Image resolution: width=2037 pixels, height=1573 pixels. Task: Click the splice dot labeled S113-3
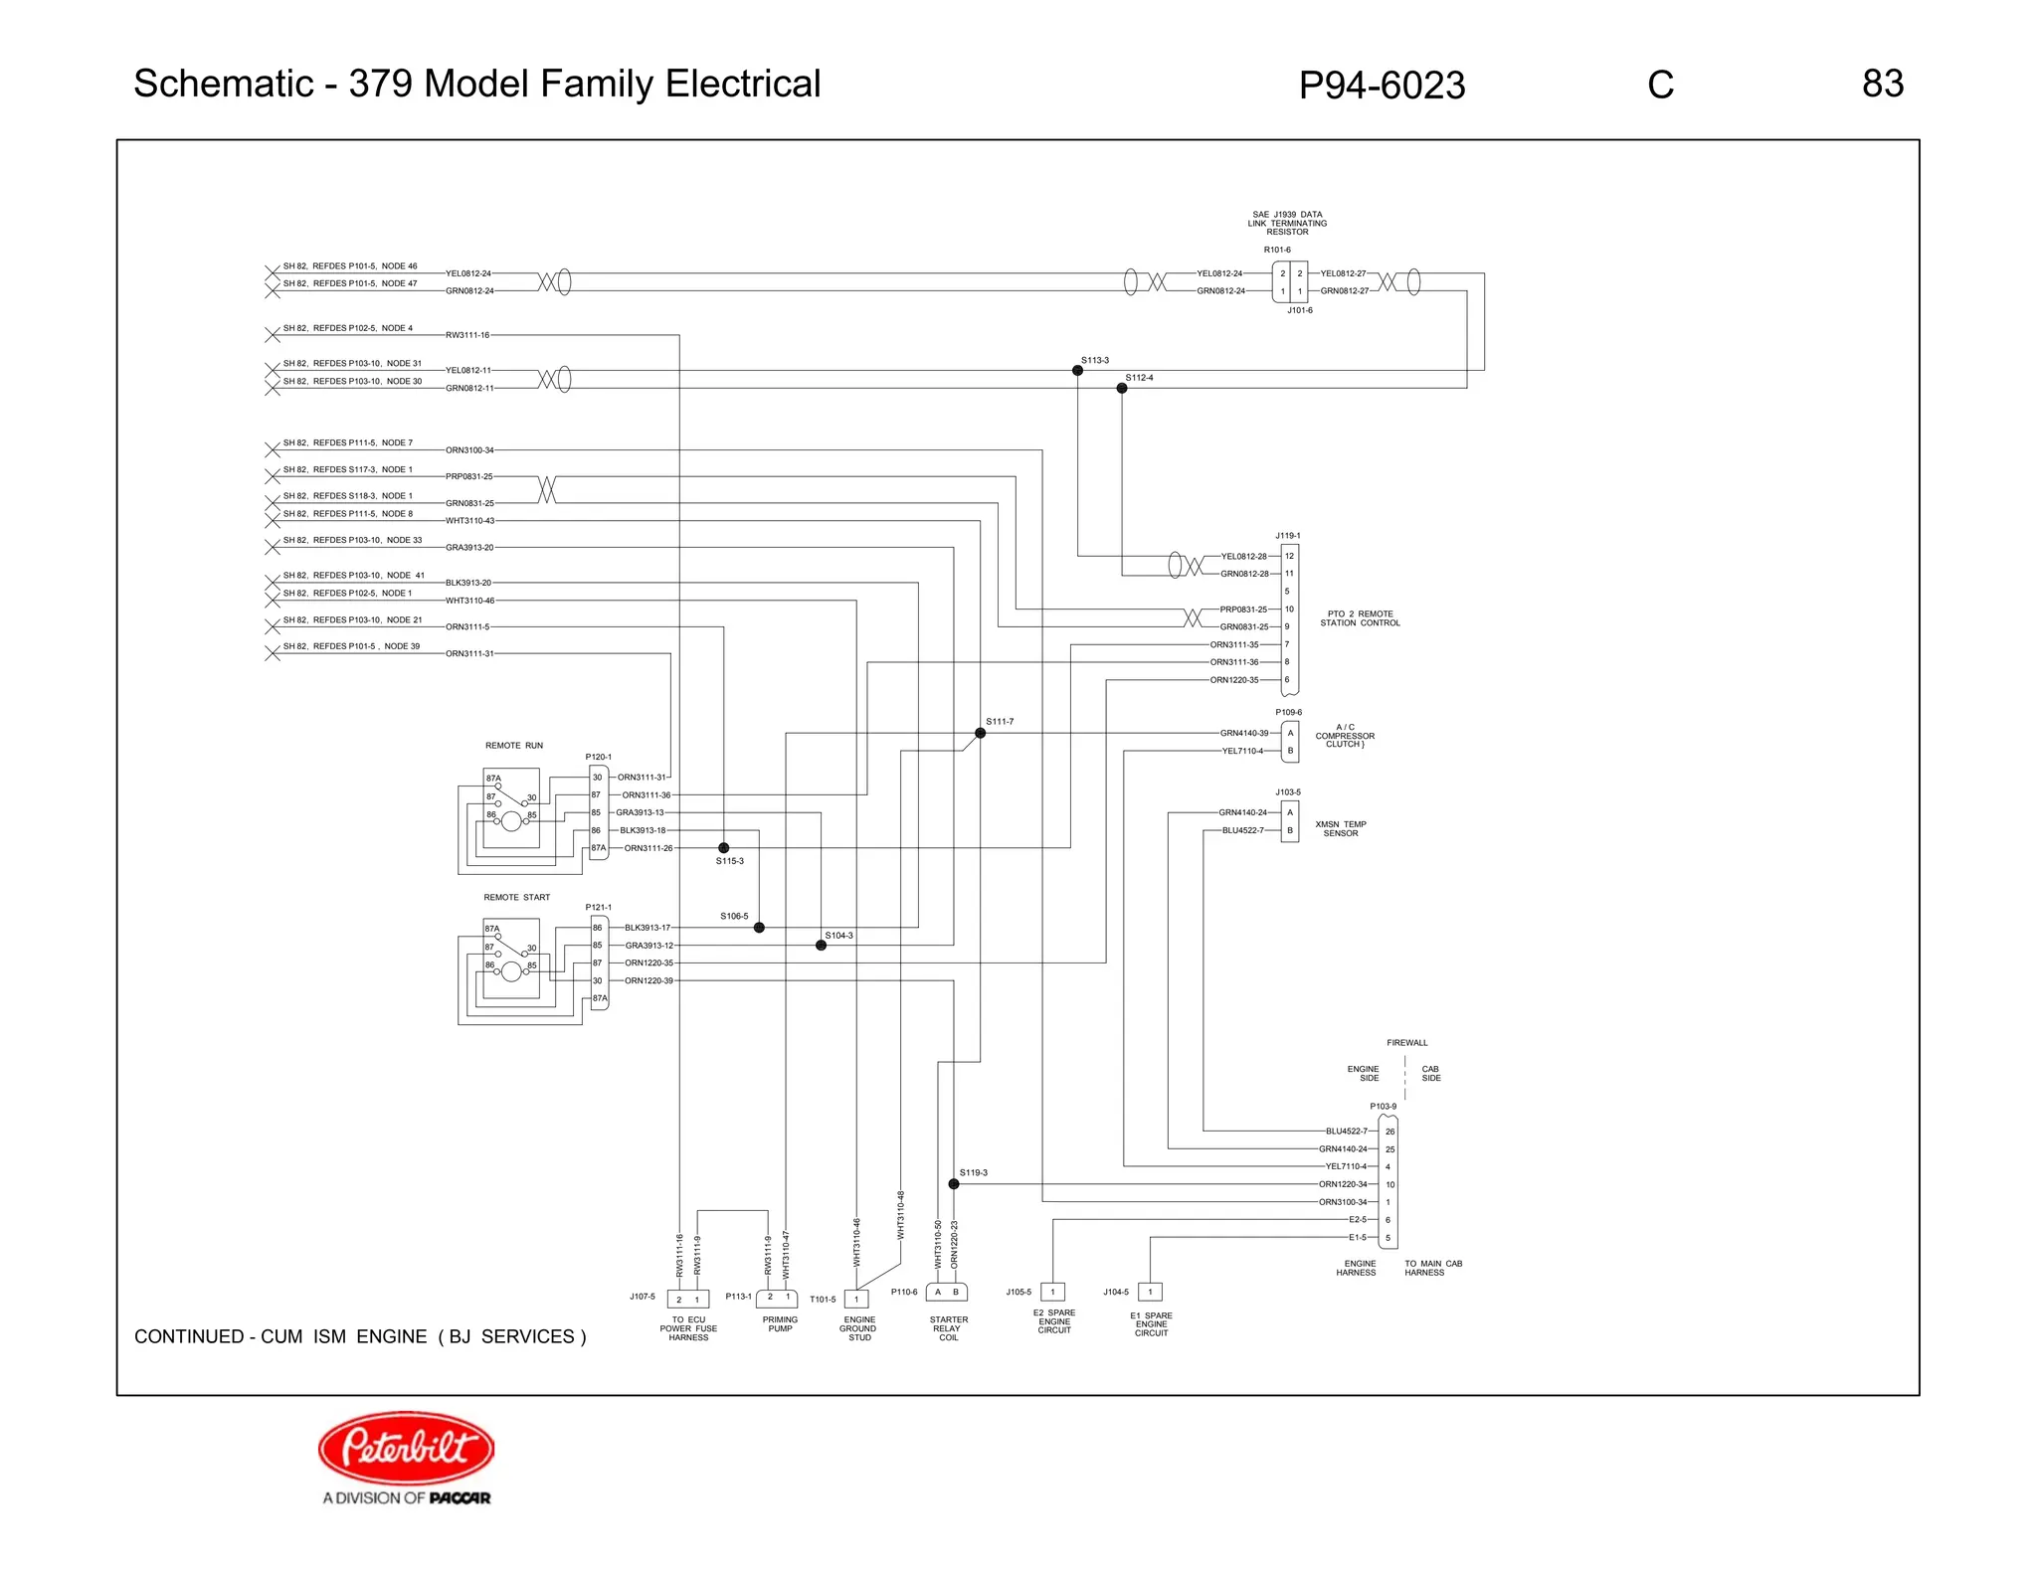tap(1077, 370)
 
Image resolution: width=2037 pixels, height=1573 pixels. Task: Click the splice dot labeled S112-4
tap(1122, 388)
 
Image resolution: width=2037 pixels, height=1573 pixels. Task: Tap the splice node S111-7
tap(980, 733)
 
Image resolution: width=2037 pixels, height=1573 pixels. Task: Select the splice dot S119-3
tap(953, 1184)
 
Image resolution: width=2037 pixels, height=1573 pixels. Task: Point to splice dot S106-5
tap(759, 928)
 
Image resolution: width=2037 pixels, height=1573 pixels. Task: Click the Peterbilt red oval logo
tap(406, 1447)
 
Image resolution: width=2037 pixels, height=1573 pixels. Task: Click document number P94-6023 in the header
tap(1382, 86)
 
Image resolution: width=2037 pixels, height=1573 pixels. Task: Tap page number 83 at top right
tap(1882, 84)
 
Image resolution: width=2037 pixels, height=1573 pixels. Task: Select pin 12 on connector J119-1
tap(1289, 556)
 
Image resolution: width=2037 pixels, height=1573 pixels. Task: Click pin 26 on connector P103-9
tap(1389, 1132)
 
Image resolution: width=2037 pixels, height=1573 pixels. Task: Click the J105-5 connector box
tap(1052, 1292)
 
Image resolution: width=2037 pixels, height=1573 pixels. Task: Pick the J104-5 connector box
tap(1150, 1292)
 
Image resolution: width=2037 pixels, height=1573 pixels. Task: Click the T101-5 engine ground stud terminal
tap(855, 1299)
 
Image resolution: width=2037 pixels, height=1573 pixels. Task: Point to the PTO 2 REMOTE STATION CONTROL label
tap(1360, 618)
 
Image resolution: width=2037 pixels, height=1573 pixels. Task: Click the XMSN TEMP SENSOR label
tap(1341, 828)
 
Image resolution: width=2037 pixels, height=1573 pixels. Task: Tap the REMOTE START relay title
tap(516, 897)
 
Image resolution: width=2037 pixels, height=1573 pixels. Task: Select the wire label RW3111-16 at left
tap(467, 335)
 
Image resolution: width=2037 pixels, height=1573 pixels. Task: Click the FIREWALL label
tap(1406, 1043)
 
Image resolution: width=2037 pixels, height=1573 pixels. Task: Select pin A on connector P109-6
tap(1290, 733)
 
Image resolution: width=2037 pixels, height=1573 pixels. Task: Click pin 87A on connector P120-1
tap(598, 848)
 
